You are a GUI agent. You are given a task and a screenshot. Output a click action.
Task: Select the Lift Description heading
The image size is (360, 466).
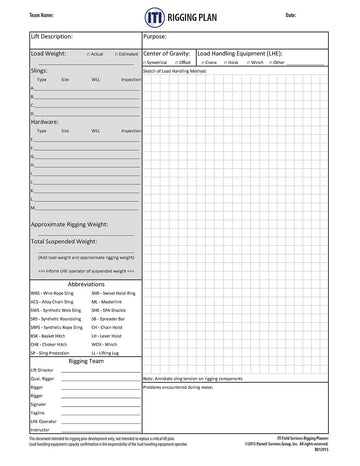point(55,35)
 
